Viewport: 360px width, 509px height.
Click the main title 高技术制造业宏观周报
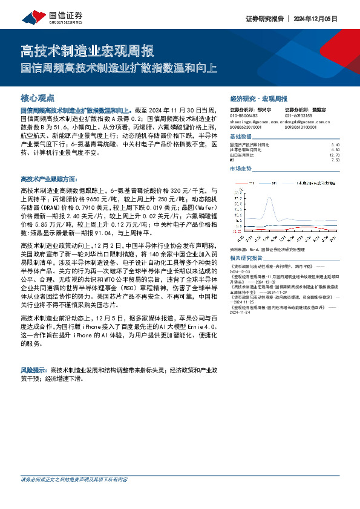click(87, 50)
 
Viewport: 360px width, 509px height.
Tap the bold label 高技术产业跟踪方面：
click(48, 180)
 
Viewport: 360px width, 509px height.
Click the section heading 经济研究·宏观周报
click(258, 98)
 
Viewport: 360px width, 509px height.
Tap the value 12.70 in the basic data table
click(335, 155)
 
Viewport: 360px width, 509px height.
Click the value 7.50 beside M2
click(336, 160)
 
